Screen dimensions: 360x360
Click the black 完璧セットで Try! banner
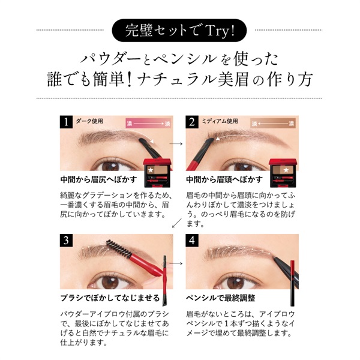(179, 31)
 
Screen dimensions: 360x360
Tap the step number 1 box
(66, 122)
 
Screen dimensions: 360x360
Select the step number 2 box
(192, 122)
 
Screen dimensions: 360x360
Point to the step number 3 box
(66, 241)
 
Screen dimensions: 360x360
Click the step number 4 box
(192, 241)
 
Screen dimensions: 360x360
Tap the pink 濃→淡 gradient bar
(148, 123)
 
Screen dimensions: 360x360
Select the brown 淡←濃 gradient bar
(273, 123)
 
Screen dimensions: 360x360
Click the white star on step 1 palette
(151, 170)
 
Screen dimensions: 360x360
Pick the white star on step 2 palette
(286, 170)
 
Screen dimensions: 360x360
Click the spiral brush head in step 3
(119, 249)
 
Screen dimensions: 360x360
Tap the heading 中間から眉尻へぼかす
(99, 179)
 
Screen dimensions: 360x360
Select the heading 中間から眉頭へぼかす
(224, 179)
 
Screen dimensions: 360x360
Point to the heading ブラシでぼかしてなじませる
(110, 298)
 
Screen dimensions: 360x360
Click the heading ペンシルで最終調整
(221, 298)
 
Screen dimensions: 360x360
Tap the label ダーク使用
(89, 121)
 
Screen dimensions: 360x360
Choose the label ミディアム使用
(220, 121)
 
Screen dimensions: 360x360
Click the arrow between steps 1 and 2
(176, 144)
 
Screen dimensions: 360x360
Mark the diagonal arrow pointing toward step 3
(176, 223)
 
